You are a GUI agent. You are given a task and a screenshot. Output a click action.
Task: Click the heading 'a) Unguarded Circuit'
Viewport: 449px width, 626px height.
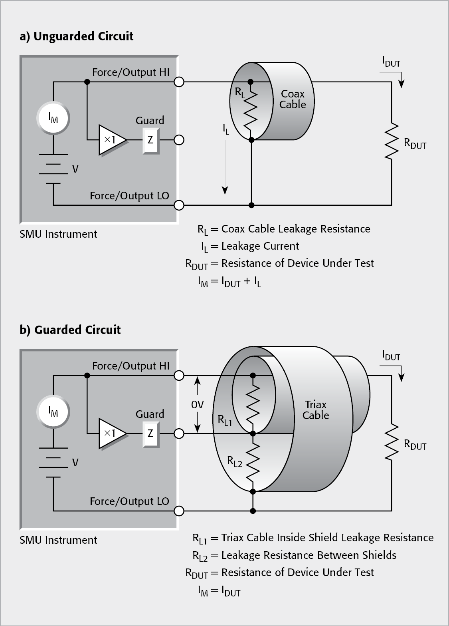tap(77, 36)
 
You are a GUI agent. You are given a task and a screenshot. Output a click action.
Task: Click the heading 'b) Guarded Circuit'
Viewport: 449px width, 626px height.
tap(70, 330)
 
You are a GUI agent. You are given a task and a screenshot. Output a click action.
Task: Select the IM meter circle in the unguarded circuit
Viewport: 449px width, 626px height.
tap(53, 118)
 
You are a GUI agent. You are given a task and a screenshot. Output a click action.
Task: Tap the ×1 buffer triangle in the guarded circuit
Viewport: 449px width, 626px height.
tap(112, 433)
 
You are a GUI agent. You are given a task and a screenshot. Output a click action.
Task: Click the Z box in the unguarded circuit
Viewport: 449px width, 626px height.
tap(150, 140)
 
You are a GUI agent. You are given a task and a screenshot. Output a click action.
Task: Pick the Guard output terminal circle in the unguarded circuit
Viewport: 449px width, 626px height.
tap(179, 140)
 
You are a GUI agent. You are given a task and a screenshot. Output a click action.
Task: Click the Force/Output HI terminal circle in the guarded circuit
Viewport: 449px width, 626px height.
tap(179, 376)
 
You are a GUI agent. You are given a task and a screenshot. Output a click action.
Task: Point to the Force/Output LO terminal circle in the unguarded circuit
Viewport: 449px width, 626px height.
tap(179, 205)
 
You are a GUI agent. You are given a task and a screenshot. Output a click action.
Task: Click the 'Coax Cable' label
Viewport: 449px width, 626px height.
tap(293, 99)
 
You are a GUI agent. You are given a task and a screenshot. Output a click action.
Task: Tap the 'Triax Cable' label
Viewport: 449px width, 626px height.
tap(315, 410)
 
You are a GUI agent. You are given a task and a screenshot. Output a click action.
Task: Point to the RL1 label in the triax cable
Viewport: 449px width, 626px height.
tap(225, 420)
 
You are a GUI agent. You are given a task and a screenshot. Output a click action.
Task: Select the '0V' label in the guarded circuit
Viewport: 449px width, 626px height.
tap(197, 405)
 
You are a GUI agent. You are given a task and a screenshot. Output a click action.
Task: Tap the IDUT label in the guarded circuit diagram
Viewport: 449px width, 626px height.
tap(391, 356)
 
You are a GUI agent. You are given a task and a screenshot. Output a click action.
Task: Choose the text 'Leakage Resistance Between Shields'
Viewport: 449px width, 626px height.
tap(309, 555)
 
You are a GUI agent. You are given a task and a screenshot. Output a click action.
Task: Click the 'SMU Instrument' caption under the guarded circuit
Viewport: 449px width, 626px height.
tap(58, 540)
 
